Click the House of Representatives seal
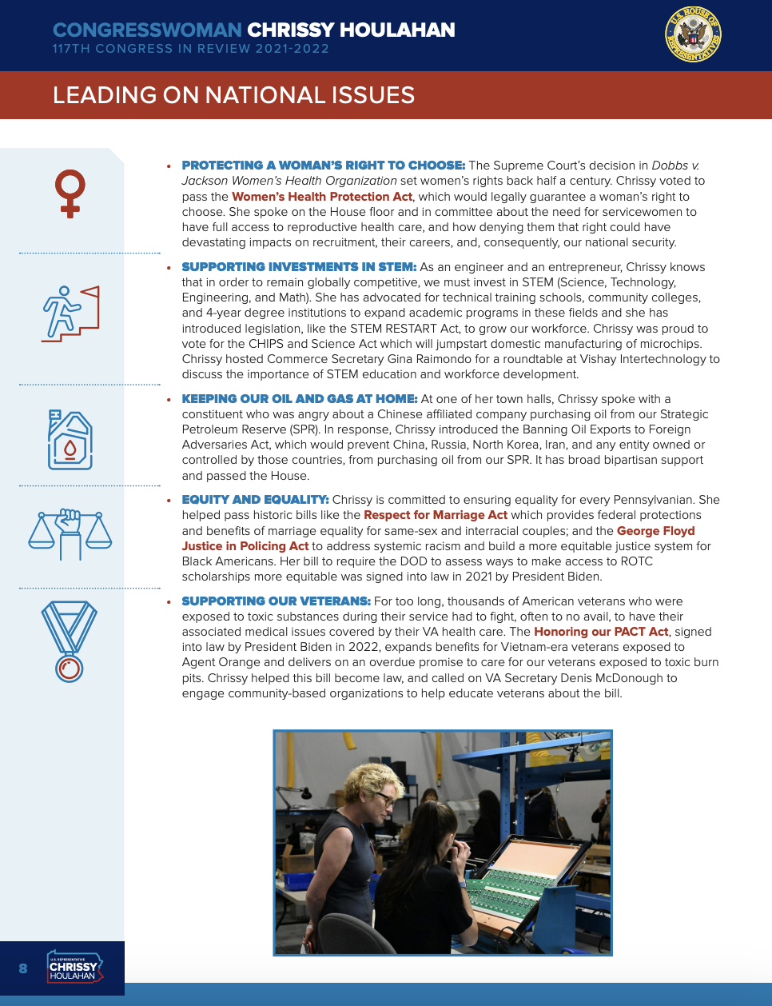pyautogui.click(x=693, y=34)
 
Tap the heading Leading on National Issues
pyautogui.click(x=233, y=95)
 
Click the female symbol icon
pyautogui.click(x=70, y=193)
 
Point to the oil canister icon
pyautogui.click(x=70, y=440)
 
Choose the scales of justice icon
pyautogui.click(x=70, y=533)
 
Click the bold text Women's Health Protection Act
pyautogui.click(x=322, y=197)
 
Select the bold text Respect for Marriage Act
pyautogui.click(x=436, y=515)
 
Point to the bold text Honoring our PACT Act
pyautogui.click(x=601, y=632)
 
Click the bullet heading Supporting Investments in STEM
pyautogui.click(x=299, y=267)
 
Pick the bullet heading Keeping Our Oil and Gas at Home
pyautogui.click(x=300, y=399)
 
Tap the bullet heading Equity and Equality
pyautogui.click(x=255, y=500)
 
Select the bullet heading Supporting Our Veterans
pyautogui.click(x=276, y=601)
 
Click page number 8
pyautogui.click(x=23, y=968)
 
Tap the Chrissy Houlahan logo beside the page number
pyautogui.click(x=74, y=968)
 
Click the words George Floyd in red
pyautogui.click(x=655, y=531)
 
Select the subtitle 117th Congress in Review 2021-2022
pyautogui.click(x=191, y=49)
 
